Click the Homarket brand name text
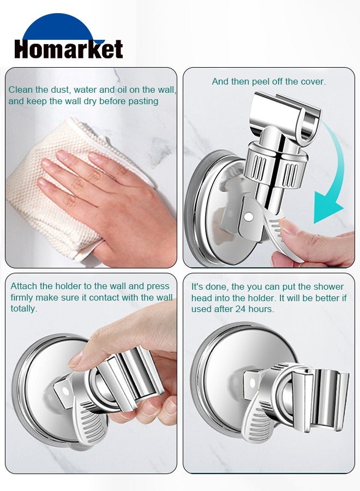point(68,49)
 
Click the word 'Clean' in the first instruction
point(20,89)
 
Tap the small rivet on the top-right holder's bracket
point(248,217)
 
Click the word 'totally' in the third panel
point(24,309)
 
